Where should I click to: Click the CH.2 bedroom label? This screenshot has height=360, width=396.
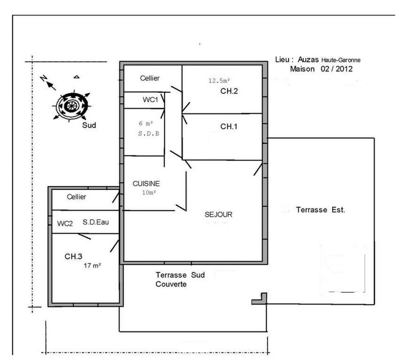[x=229, y=91]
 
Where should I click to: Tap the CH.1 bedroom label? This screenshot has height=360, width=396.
[x=229, y=126]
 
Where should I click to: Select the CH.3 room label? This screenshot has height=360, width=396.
[x=73, y=256]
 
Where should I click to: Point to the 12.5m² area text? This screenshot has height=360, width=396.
[x=219, y=81]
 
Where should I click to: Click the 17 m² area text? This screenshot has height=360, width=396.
[x=92, y=265]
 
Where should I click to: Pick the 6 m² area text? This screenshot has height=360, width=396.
[x=146, y=123]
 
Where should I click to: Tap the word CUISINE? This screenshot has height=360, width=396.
[x=146, y=184]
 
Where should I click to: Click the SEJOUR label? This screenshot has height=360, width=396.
[x=219, y=214]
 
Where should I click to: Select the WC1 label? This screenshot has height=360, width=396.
[x=150, y=100]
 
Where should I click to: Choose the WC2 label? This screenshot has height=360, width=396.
[x=65, y=224]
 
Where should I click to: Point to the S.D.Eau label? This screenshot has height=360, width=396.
[x=96, y=222]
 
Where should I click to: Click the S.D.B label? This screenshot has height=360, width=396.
[x=149, y=133]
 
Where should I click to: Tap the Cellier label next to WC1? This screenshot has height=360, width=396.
[x=150, y=78]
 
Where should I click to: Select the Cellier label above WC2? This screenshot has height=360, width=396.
[x=76, y=197]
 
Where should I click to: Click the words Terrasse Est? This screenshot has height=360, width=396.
[x=321, y=210]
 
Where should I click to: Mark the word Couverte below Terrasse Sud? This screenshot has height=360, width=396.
[x=171, y=284]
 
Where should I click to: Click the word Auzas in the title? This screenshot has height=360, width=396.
[x=308, y=60]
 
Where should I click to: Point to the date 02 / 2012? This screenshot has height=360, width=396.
[x=337, y=69]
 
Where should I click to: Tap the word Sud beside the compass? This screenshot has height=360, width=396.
[x=89, y=125]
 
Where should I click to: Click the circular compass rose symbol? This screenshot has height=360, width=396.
[x=72, y=106]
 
